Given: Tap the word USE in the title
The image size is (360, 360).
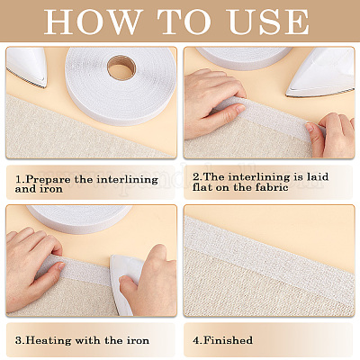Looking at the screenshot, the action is [269, 22].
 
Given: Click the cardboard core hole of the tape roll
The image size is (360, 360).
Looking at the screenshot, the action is [121, 67].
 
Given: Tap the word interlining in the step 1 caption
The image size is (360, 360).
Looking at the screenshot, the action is [128, 179].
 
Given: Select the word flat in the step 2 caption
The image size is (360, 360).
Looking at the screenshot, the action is [202, 187].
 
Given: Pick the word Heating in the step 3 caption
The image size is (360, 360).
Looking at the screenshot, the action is [49, 341].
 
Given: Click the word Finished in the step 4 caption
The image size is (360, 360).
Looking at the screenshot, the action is [228, 340].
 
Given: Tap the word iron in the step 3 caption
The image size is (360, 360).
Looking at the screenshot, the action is [137, 341].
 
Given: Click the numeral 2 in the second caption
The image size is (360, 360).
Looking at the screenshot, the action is [196, 176].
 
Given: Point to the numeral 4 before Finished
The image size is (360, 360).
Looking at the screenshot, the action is [196, 340].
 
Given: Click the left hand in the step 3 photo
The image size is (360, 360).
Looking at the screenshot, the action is [33, 267].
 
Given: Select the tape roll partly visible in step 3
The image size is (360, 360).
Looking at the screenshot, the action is [79, 218].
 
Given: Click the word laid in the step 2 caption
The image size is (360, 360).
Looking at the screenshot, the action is [317, 176].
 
